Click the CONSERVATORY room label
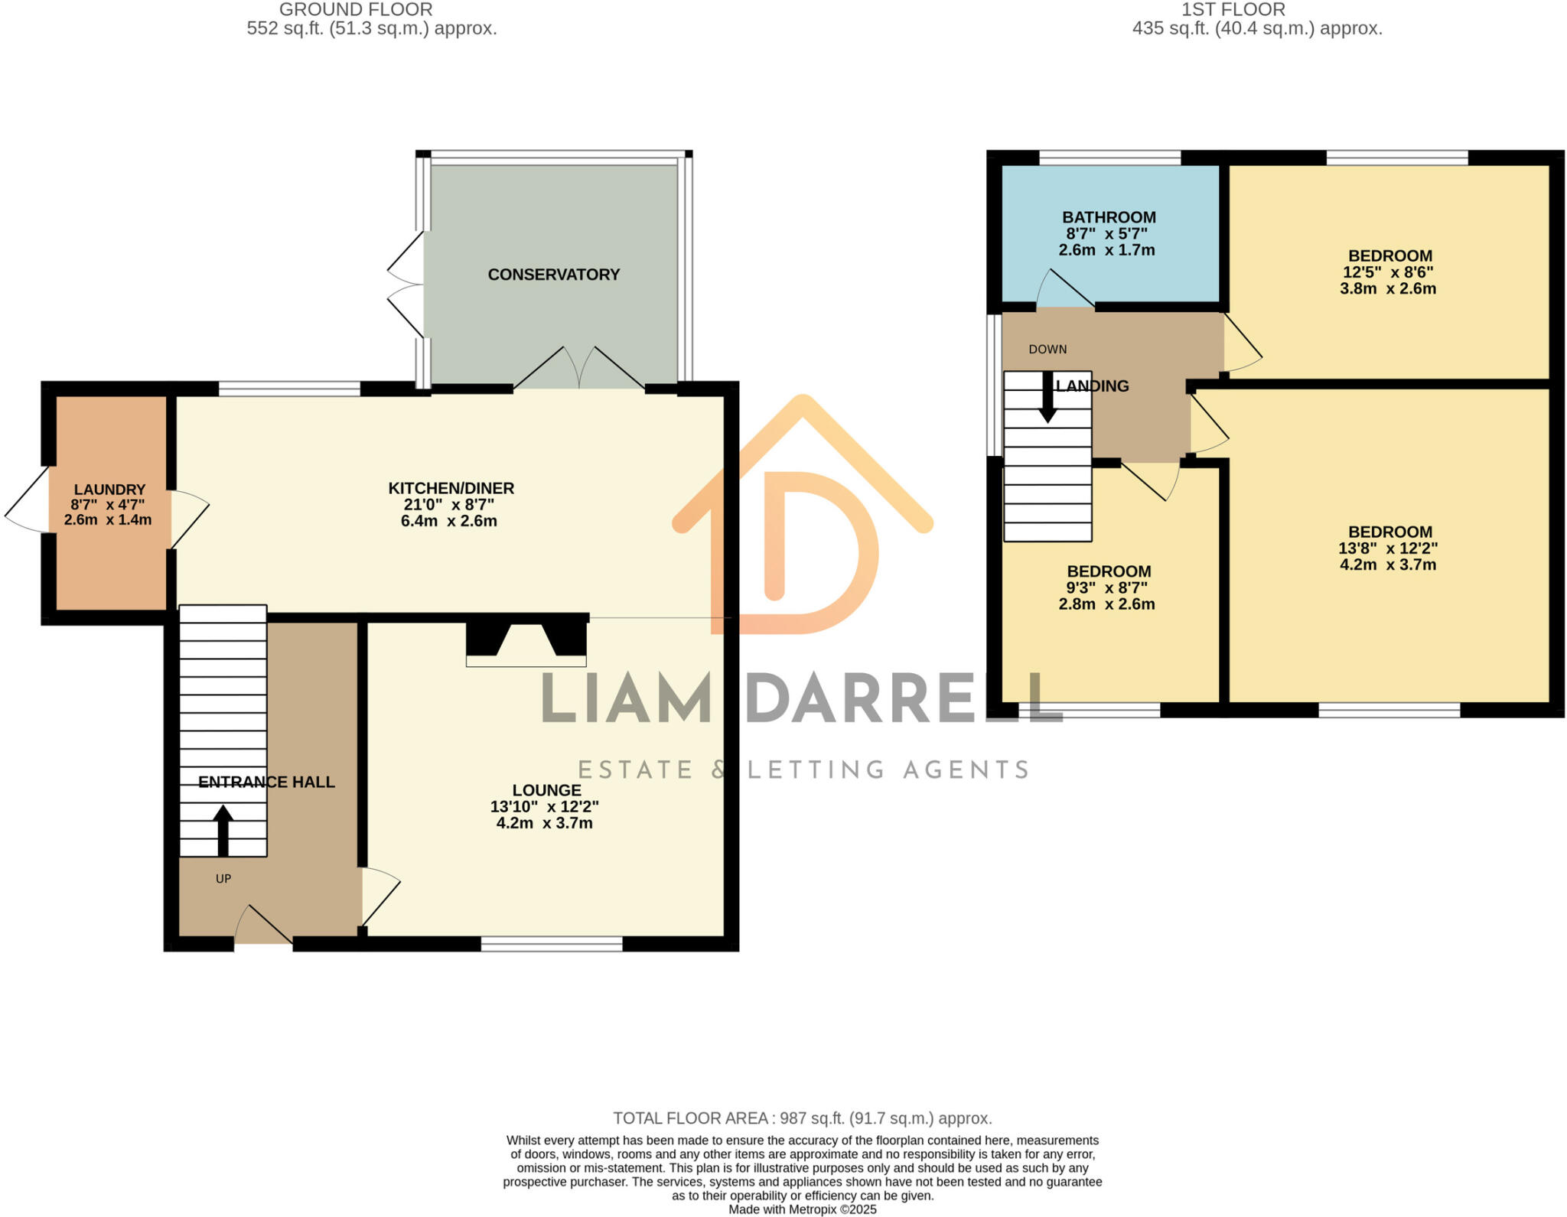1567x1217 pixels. [x=553, y=275]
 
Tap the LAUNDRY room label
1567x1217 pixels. [x=109, y=490]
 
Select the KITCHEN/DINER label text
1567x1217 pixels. [x=451, y=488]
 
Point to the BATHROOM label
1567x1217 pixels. [x=1108, y=217]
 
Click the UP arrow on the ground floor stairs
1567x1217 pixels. [x=223, y=829]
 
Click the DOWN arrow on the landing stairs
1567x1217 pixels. [x=1047, y=398]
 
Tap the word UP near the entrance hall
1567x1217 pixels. [x=223, y=879]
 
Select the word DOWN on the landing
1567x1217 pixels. [x=1047, y=350]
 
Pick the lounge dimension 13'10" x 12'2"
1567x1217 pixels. [x=544, y=806]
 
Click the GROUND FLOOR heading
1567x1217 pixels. [x=356, y=10]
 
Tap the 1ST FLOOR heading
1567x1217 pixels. [x=1233, y=10]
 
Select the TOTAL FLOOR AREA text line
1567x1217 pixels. [x=802, y=1118]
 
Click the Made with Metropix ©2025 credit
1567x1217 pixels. [x=802, y=1209]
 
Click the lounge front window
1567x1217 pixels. [x=551, y=944]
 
